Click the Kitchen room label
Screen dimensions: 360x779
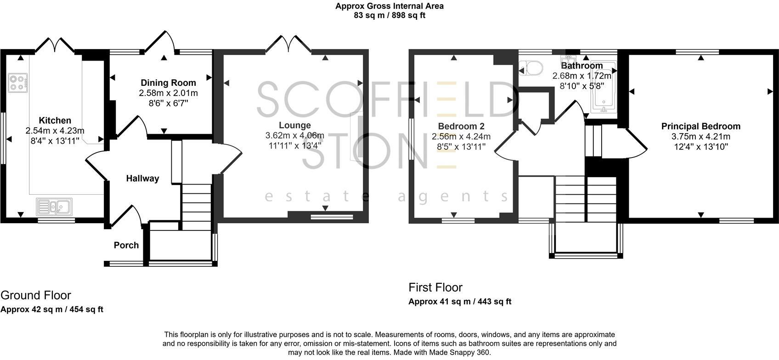(x=55, y=121)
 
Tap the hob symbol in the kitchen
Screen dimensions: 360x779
(x=18, y=83)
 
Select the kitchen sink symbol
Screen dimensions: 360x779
(x=54, y=207)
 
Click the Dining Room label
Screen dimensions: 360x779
(x=168, y=83)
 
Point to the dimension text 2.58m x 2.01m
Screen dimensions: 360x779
(x=168, y=93)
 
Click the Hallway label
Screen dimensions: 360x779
(x=142, y=179)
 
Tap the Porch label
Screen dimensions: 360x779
(x=126, y=245)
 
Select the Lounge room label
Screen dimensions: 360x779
(x=295, y=125)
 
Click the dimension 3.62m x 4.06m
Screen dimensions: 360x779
(x=295, y=135)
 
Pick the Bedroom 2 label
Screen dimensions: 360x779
(x=461, y=126)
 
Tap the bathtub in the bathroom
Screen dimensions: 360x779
(x=602, y=87)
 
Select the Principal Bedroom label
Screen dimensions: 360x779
(x=700, y=126)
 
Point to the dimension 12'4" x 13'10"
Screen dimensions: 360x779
(x=700, y=146)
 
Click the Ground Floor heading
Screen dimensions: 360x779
(x=36, y=295)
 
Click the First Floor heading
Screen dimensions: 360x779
(x=435, y=287)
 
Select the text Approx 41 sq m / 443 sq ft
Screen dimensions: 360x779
(x=460, y=302)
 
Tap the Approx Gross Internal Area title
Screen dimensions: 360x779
(x=389, y=6)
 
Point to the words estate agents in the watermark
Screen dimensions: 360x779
(x=386, y=197)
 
